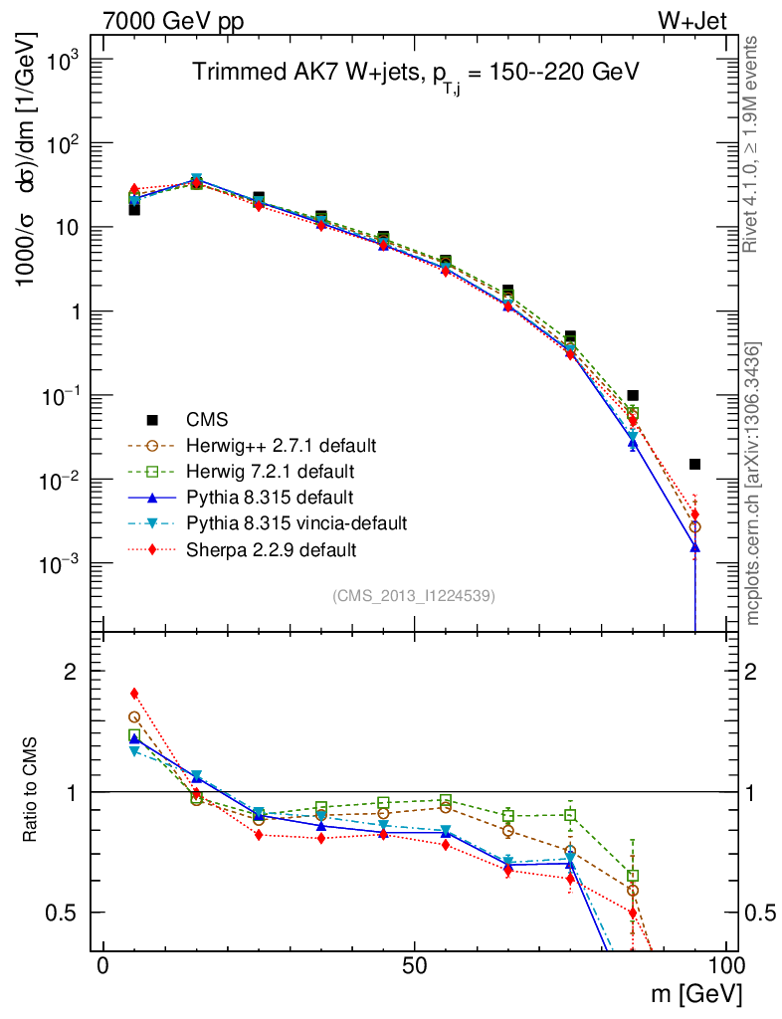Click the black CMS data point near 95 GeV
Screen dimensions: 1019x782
[694, 464]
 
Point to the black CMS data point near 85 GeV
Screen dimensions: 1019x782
[633, 395]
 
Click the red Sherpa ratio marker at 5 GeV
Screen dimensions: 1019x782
[134, 694]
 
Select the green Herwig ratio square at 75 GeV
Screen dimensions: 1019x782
[570, 815]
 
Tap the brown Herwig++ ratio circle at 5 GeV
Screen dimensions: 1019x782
[134, 716]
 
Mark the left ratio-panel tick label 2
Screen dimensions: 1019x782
[72, 672]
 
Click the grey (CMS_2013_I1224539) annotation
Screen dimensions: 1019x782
[414, 595]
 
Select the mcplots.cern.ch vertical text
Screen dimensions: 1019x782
[753, 483]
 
